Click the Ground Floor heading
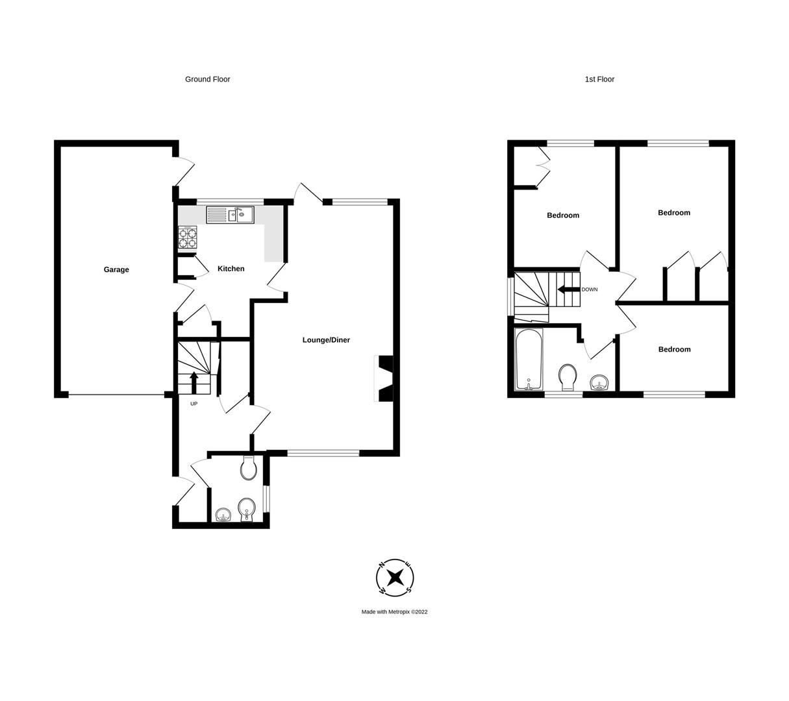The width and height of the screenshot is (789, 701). point(207,79)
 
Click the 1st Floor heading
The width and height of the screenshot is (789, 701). point(599,79)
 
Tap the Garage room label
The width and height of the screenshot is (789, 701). point(116,269)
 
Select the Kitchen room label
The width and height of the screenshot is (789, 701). point(231,269)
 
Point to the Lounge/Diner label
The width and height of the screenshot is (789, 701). point(326,340)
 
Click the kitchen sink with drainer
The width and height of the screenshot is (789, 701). point(230,214)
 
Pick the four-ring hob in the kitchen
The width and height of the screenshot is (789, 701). point(188,238)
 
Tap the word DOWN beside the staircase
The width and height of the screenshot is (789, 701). point(590,289)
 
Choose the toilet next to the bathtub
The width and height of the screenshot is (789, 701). point(568,377)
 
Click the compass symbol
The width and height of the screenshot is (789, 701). point(395,577)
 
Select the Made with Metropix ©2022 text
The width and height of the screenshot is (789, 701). point(394,612)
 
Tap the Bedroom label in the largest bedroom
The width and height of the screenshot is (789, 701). point(673,213)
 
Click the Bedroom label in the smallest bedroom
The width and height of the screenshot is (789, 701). point(674,349)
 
